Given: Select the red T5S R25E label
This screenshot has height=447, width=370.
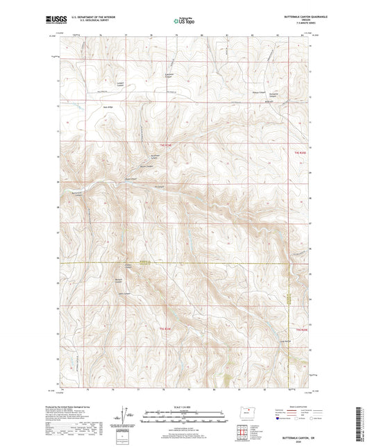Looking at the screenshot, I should point(301,329).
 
